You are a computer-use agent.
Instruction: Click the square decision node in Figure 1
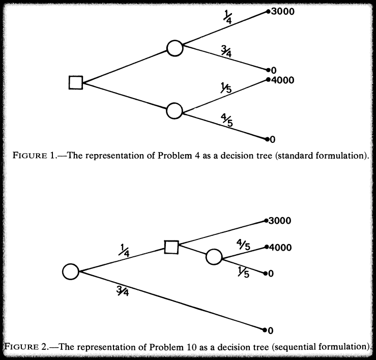coord(76,82)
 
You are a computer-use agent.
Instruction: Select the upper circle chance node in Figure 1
coord(175,48)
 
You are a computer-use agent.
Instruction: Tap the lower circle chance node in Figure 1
coord(175,110)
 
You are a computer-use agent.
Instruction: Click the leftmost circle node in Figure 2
coord(71,271)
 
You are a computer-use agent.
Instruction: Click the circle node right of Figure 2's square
coord(214,257)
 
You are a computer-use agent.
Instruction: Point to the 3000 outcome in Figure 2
coord(280,221)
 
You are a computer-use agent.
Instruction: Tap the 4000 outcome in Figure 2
coord(280,248)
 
